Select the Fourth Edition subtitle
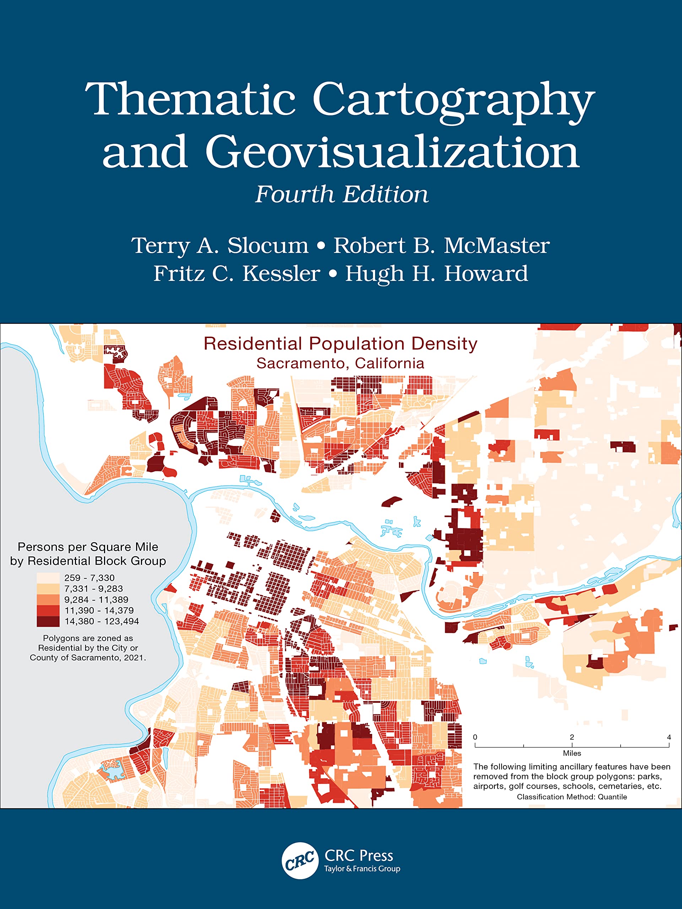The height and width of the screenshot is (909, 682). pos(341,194)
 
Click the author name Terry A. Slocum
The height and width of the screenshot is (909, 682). pos(220,246)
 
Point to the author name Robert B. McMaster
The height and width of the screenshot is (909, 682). pos(441,246)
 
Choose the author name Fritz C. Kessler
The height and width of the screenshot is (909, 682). pos(237,274)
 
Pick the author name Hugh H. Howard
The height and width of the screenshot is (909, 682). pos(436,274)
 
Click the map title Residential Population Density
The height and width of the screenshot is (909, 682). pos(340,344)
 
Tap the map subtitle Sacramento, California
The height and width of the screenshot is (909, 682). pos(340,363)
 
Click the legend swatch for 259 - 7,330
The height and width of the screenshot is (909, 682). pos(48,577)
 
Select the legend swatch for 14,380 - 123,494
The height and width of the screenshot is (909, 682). pos(48,621)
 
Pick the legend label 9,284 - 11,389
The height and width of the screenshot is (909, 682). pos(96,600)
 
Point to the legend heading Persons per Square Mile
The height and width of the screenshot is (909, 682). pos(88,547)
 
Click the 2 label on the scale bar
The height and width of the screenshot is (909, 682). pos(572,737)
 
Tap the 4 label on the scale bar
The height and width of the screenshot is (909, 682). pos(669,737)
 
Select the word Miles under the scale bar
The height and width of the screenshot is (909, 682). pos(572,753)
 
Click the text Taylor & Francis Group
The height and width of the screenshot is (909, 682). pos(362,869)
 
